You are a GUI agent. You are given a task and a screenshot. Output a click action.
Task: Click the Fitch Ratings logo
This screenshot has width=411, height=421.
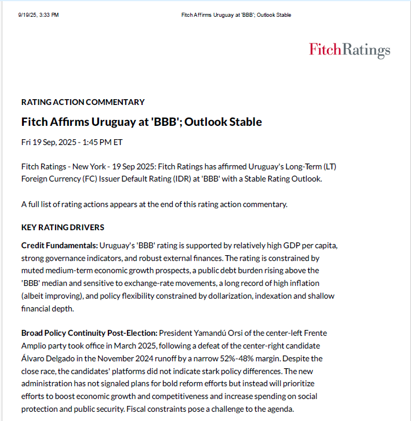350,50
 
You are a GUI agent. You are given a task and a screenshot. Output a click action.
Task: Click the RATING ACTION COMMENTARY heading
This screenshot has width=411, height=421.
83,102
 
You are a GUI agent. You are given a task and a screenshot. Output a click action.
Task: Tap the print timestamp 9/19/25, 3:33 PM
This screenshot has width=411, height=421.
39,14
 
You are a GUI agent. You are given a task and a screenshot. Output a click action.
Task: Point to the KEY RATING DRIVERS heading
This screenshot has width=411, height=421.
63,227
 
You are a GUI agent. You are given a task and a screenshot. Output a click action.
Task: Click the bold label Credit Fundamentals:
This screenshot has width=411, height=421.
60,245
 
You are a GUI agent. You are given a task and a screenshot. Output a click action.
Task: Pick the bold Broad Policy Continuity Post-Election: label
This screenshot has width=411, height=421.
89,333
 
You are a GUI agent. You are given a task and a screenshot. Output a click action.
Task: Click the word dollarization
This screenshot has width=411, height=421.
198,296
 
